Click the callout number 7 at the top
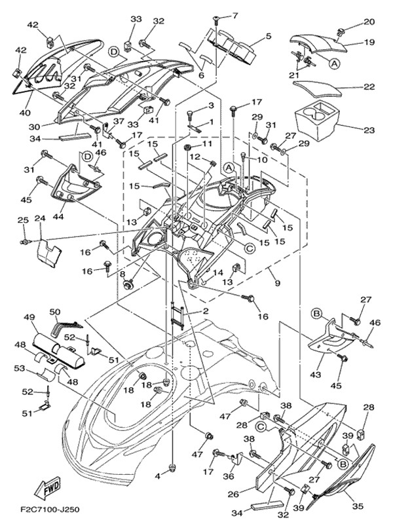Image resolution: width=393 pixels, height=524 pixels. pos(235,15)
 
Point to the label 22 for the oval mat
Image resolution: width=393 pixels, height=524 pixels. pos(369,86)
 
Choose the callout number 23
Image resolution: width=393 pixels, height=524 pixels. pos(369,130)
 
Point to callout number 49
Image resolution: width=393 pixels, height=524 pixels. pos(29,317)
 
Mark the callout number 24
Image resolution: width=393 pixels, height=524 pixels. pos(39,218)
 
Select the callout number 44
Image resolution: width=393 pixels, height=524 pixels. pos(58,215)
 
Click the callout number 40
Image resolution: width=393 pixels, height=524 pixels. pos(25,113)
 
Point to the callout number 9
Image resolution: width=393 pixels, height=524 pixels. pos(277,284)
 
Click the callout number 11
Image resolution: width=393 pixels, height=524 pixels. pos(208,143)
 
